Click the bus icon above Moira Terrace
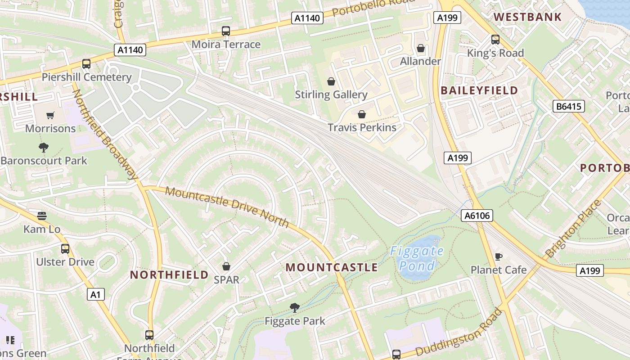pos(226,31)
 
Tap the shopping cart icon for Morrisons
pos(50,116)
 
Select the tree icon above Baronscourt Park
pos(44,148)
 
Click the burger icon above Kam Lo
pos(42,216)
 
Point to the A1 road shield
pos(95,294)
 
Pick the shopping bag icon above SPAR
pos(226,266)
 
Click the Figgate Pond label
pos(417,258)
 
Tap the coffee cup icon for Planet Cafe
pos(498,256)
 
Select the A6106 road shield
pos(477,216)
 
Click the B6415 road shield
pos(568,106)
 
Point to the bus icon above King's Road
pos(495,40)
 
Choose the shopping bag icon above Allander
pos(421,48)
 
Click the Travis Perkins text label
pos(362,127)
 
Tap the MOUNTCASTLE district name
pos(332,267)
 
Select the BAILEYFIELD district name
pos(479,90)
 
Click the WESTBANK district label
pos(527,17)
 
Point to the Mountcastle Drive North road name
pos(227,207)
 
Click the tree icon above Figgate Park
pos(295,308)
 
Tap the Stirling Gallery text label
pos(331,94)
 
